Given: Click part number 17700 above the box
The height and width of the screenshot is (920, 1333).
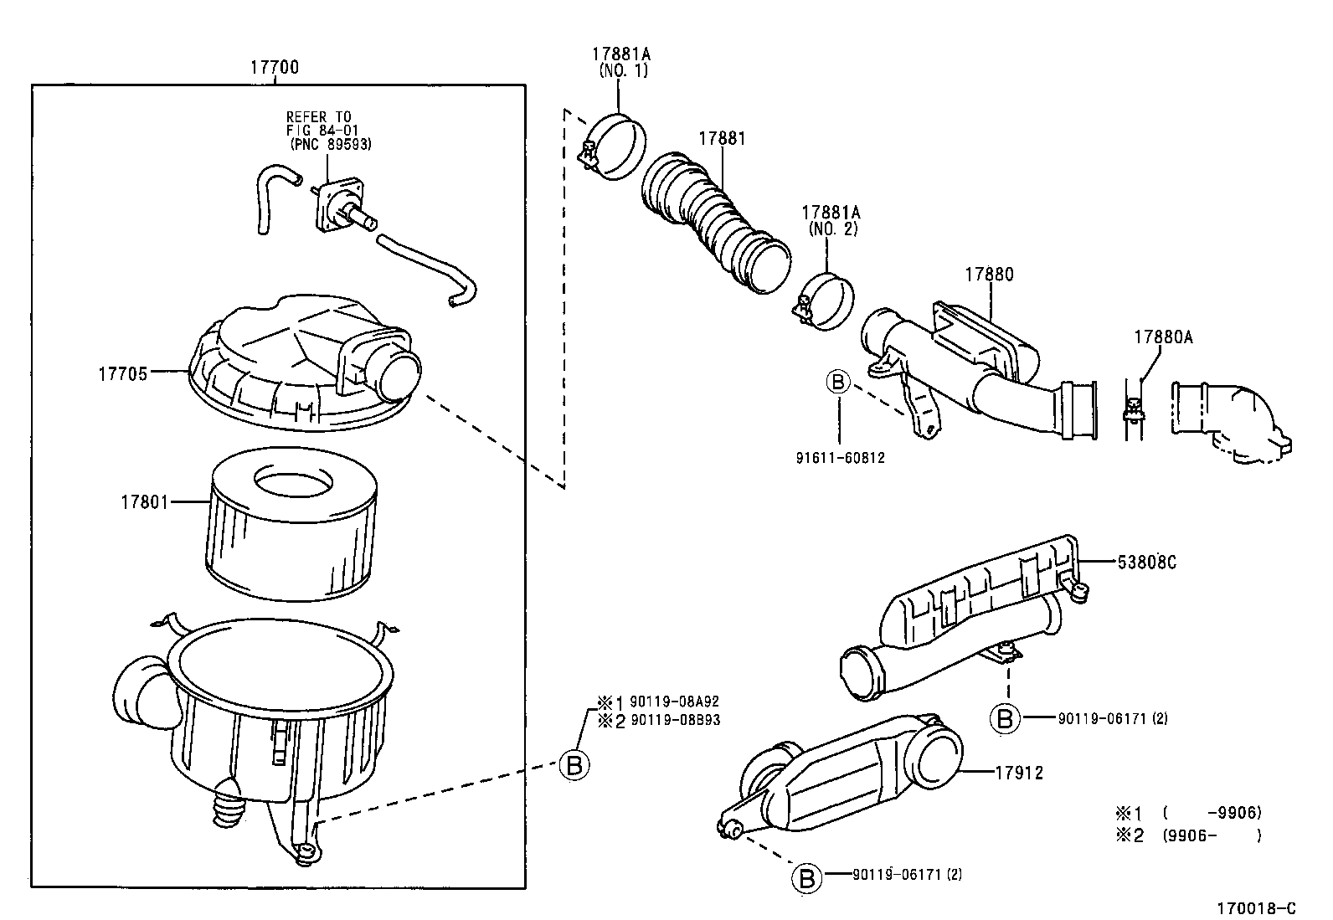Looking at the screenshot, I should [x=274, y=68].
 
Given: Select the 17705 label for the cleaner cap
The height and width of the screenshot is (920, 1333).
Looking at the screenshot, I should [x=122, y=374].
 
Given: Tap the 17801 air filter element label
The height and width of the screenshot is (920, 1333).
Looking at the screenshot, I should [x=144, y=502].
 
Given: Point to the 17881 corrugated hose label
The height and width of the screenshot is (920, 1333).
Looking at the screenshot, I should [x=722, y=139].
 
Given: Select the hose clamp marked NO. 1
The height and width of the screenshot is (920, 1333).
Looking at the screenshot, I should [x=615, y=146].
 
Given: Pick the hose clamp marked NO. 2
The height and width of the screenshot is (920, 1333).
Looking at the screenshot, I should [x=825, y=301].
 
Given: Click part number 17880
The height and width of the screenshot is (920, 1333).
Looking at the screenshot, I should [x=988, y=275].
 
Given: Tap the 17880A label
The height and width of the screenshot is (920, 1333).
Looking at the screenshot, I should [x=1163, y=337].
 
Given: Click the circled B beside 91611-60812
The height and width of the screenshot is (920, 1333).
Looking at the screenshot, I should [x=838, y=383].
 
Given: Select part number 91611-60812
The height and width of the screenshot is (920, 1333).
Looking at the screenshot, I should [x=840, y=458].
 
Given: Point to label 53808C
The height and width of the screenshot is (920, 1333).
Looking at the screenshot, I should [x=1146, y=563].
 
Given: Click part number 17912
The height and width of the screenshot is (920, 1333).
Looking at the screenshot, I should [x=1019, y=773].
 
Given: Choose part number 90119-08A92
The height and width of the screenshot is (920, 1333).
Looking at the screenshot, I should [x=675, y=702].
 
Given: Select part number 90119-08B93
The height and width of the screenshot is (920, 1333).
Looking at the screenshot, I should [x=675, y=720].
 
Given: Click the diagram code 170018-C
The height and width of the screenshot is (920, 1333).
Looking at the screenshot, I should [x=1256, y=907].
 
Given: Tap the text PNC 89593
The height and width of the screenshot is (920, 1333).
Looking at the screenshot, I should [x=331, y=144].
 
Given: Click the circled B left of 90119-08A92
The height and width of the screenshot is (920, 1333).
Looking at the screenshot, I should [x=574, y=764].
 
